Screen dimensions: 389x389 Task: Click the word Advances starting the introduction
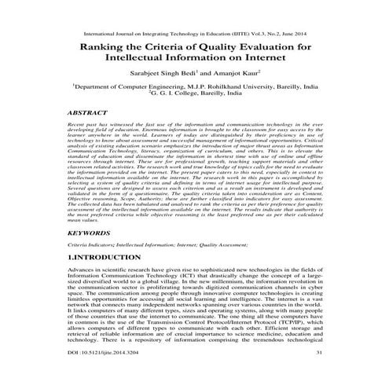(84, 270)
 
